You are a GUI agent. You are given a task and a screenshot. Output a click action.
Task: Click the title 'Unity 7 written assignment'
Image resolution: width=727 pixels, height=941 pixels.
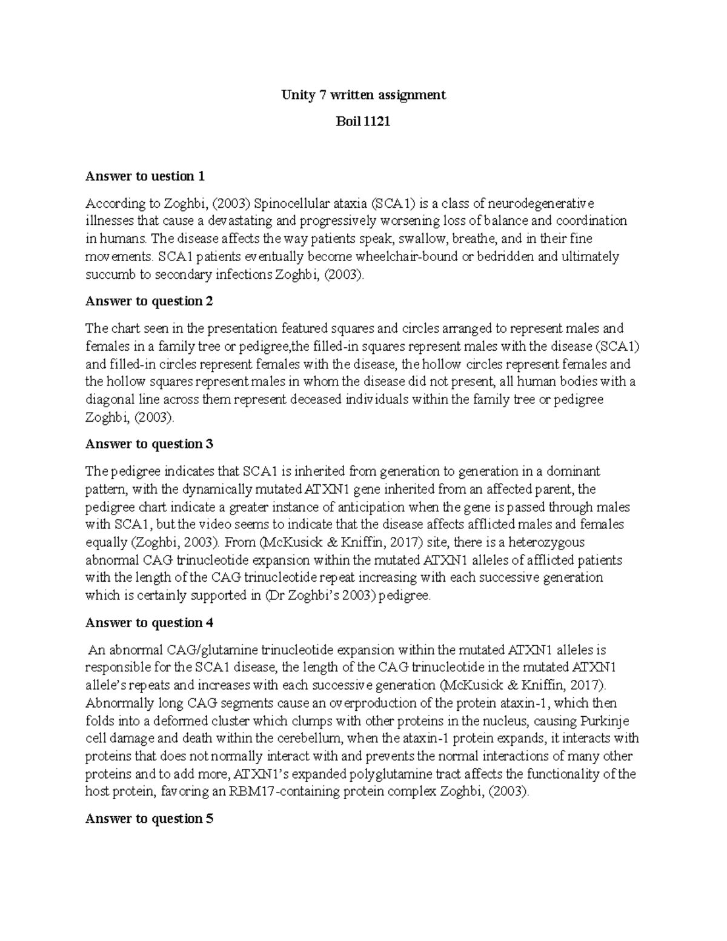(x=363, y=95)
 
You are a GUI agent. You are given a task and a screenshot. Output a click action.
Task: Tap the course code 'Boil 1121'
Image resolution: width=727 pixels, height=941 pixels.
(x=363, y=122)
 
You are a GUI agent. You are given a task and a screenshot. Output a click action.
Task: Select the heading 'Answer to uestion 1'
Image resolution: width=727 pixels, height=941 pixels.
(x=145, y=176)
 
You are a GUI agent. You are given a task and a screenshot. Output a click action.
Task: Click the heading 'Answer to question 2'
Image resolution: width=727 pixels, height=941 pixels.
(x=149, y=301)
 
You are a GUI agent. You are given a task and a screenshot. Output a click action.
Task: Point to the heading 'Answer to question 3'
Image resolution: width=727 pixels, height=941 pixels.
(x=149, y=444)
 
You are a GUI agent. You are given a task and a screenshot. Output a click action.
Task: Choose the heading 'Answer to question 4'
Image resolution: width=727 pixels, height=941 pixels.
(x=149, y=623)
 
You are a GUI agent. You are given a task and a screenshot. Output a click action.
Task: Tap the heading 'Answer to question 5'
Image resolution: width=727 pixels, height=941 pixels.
(x=149, y=819)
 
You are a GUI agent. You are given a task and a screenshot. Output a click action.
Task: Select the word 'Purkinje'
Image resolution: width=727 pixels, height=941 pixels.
(x=604, y=721)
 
